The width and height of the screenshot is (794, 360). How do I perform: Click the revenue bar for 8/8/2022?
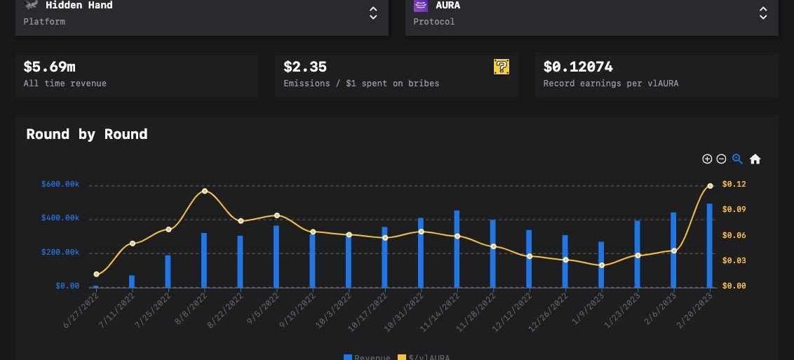coord(204,260)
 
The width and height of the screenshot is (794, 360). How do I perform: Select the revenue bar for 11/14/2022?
coord(457,248)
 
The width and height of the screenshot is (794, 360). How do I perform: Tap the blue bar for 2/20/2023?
coord(710,245)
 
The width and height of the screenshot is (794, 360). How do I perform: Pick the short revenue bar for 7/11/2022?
coord(132,281)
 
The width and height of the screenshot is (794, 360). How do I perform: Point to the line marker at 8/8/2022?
coord(204,191)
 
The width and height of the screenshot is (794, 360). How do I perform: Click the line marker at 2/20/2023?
coord(710,186)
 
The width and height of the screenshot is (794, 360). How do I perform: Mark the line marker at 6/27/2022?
coord(96,274)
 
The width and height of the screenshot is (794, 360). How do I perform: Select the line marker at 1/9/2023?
coord(602,265)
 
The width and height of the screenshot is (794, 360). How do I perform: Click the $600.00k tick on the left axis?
coord(60,185)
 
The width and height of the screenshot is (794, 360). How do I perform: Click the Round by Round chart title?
coord(87,134)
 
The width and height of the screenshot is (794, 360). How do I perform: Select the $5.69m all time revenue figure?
coord(49,67)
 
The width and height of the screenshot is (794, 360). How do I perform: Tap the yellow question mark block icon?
coord(502,67)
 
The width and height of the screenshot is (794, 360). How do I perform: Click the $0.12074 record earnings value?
coord(578,67)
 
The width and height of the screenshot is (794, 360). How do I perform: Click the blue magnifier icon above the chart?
coord(737,159)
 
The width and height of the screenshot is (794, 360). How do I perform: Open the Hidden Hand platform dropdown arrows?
coord(373,13)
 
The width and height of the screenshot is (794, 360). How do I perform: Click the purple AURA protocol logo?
coord(421,6)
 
